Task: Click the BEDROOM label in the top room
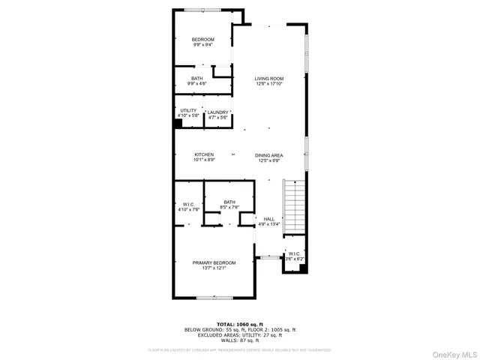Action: (202, 39)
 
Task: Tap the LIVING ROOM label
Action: (268, 78)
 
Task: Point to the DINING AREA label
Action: (268, 154)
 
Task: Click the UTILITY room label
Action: (187, 110)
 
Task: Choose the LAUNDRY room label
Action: (217, 112)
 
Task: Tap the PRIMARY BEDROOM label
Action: (214, 262)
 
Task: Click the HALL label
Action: (268, 219)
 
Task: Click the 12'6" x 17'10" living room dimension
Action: (268, 84)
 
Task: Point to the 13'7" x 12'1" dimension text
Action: (214, 268)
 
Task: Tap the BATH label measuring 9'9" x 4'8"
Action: (196, 78)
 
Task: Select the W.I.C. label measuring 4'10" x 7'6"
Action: (188, 204)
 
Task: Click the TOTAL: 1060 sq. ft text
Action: (239, 324)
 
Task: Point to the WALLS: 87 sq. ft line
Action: (239, 340)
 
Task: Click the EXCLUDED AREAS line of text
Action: (239, 335)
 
